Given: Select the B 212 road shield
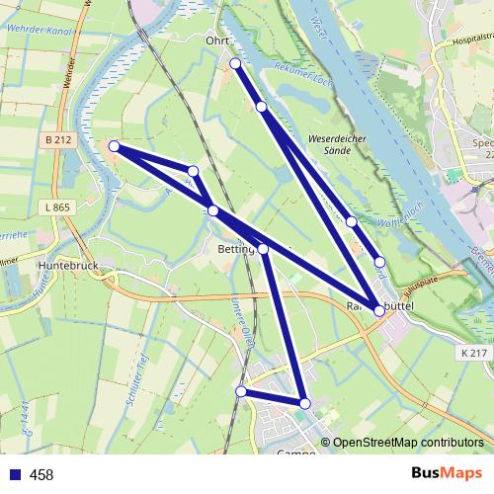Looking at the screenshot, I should pyautogui.click(x=58, y=141).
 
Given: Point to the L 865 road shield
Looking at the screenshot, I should pyautogui.click(x=57, y=207).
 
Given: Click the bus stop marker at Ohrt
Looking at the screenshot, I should pyautogui.click(x=235, y=64).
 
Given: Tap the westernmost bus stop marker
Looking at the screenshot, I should pyautogui.click(x=114, y=146).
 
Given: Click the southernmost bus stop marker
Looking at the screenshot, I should pyautogui.click(x=305, y=403).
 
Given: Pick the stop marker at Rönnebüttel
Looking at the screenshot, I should pyautogui.click(x=379, y=310).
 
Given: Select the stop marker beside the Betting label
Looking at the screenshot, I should pyautogui.click(x=263, y=249).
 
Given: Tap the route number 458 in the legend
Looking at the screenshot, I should pyautogui.click(x=41, y=475).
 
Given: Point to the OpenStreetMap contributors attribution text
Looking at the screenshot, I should pyautogui.click(x=408, y=443).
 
